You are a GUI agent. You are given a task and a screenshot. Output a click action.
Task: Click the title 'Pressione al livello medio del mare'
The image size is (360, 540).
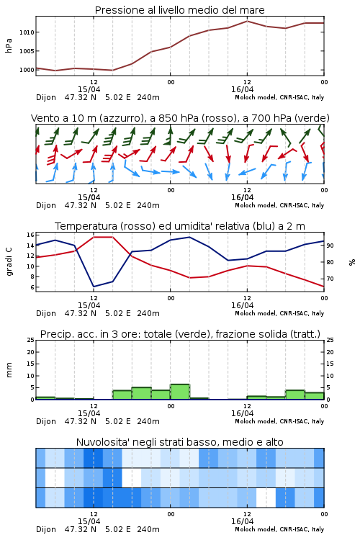[x=179, y=10]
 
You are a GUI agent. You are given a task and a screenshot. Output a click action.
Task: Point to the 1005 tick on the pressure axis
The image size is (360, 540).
[x=27, y=51]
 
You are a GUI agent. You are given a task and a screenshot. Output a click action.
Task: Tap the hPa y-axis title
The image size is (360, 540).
[x=9, y=45]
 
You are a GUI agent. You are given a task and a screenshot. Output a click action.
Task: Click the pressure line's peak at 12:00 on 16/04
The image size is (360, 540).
[x=247, y=21]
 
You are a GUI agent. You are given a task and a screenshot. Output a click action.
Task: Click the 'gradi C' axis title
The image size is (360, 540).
[x=9, y=261]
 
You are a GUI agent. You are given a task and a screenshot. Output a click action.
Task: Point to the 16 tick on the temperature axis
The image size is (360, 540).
[x=30, y=235]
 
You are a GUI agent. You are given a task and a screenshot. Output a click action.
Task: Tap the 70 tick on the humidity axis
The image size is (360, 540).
[x=330, y=279]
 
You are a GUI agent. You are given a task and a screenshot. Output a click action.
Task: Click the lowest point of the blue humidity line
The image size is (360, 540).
[x=94, y=287]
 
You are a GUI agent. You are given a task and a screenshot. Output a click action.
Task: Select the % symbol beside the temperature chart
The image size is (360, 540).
[x=352, y=262]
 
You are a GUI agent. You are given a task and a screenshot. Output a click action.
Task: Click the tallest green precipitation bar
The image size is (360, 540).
[x=180, y=392]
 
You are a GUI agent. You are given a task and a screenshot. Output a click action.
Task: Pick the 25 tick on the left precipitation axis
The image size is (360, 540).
[x=30, y=340]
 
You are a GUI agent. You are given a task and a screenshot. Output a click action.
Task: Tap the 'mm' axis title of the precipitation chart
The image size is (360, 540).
[x=9, y=369]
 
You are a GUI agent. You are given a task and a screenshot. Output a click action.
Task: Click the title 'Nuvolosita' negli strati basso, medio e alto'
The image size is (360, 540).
[x=179, y=442]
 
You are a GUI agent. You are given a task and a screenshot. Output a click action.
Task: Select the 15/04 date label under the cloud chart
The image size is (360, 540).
[x=89, y=521]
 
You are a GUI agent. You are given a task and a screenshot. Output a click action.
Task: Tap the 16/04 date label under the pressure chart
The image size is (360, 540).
[x=242, y=89]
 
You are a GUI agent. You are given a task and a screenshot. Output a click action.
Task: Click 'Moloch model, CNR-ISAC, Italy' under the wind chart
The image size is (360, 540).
[x=279, y=205]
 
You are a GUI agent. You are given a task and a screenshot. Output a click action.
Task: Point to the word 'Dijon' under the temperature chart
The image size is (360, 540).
[x=46, y=313]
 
